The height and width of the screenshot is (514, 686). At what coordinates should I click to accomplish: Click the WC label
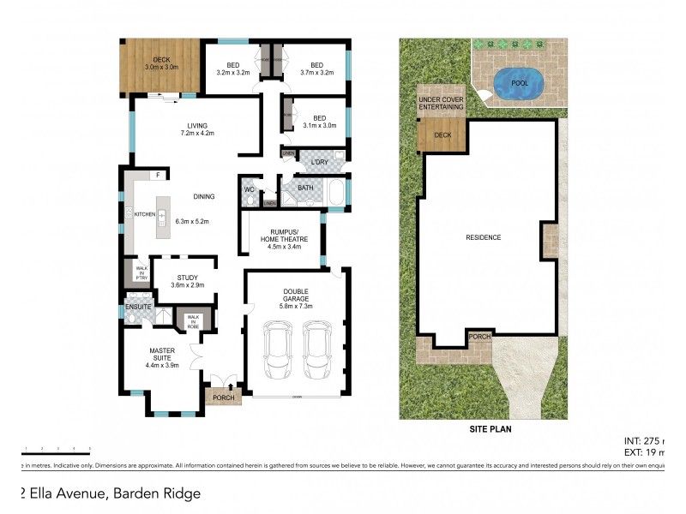point(249,189)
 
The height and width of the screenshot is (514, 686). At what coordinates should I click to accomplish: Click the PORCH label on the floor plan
point(223,397)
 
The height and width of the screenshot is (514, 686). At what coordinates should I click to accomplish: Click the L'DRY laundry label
point(321,162)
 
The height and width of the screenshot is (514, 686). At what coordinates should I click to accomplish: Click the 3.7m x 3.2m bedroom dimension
point(316,73)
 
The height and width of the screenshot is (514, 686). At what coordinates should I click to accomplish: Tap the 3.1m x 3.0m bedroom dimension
point(319,126)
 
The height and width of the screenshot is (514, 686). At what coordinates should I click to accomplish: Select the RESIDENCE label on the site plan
point(483,237)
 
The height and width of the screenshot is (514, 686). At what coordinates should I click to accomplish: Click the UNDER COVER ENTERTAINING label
point(441,105)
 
